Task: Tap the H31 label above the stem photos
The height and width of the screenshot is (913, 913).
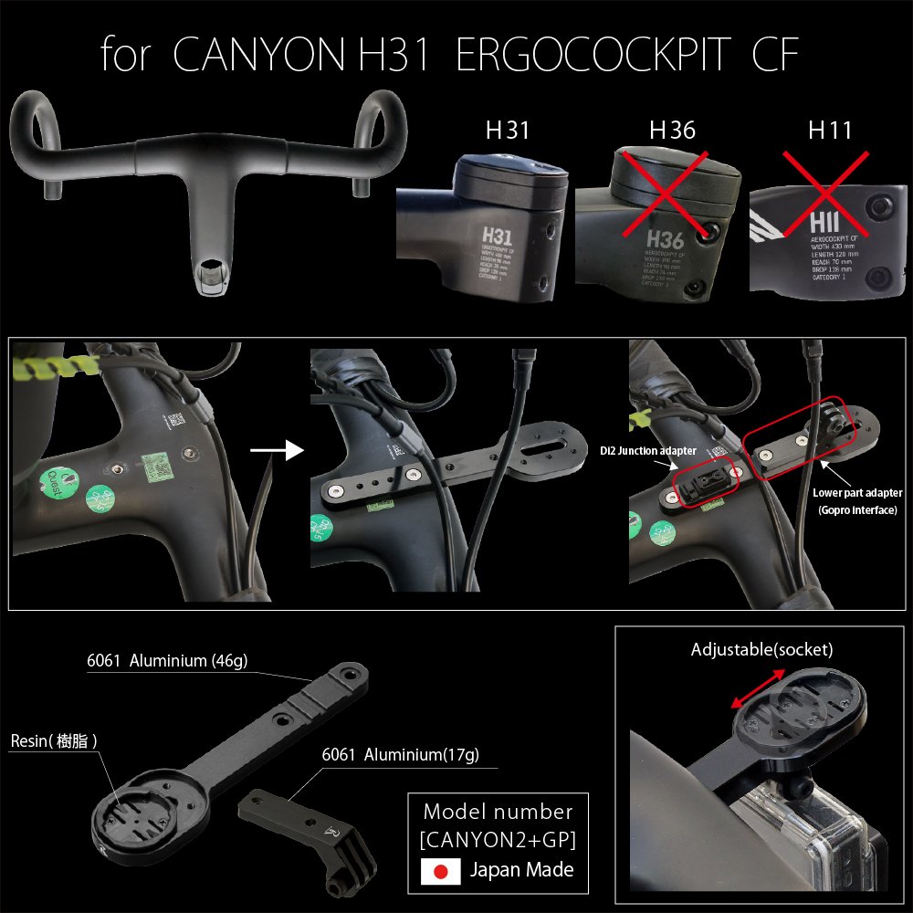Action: click(508, 131)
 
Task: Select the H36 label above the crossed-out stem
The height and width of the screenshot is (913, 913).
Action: click(672, 131)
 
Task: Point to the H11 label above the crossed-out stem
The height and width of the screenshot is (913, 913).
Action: click(830, 131)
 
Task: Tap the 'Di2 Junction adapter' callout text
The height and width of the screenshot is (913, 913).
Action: click(649, 451)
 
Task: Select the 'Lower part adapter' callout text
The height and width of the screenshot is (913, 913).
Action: click(857, 493)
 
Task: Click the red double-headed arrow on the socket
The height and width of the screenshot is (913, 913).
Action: click(759, 688)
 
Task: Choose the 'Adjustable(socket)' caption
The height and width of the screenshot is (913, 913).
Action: click(762, 650)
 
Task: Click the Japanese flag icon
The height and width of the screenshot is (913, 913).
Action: click(440, 871)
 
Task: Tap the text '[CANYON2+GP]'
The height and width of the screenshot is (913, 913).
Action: click(498, 838)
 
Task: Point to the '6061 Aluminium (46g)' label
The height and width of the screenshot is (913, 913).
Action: click(161, 661)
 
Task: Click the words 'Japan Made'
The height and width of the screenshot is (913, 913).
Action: click(521, 870)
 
